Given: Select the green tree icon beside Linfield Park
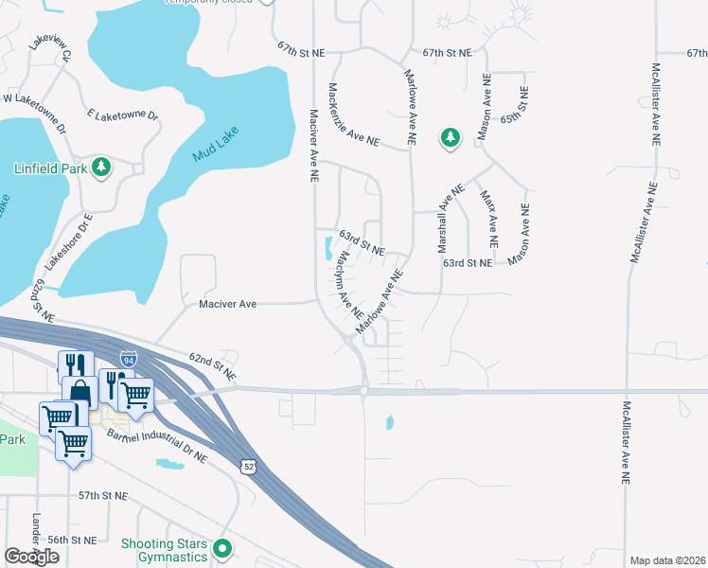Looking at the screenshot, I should [x=100, y=169].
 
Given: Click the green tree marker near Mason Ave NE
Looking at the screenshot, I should [x=450, y=138].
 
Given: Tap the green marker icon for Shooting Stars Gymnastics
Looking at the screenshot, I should [x=223, y=549].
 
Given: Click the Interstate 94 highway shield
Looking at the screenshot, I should [x=129, y=359].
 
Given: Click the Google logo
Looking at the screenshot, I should [x=31, y=557].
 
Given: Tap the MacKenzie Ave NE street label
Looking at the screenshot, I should [x=352, y=115].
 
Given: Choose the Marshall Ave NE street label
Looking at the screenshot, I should [x=450, y=218].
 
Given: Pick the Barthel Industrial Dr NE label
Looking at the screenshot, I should [x=157, y=445].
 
